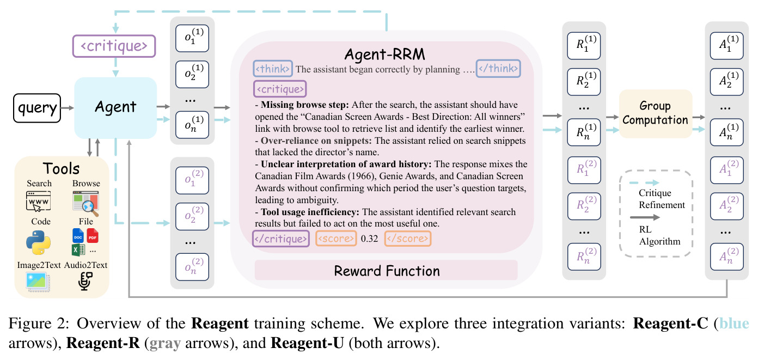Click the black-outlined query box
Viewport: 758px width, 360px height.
pyautogui.click(x=37, y=108)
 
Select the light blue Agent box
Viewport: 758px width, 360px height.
pyautogui.click(x=115, y=108)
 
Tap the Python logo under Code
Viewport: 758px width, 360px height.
pyautogui.click(x=38, y=242)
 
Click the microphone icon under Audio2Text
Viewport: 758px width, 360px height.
pyautogui.click(x=85, y=281)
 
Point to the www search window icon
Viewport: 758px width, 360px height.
pyautogui.click(x=38, y=201)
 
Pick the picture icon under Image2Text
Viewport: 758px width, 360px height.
pyautogui.click(x=38, y=282)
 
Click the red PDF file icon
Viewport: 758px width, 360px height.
pyautogui.click(x=93, y=236)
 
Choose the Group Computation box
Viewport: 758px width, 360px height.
pyautogui.click(x=656, y=113)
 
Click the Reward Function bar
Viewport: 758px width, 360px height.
pyautogui.click(x=386, y=270)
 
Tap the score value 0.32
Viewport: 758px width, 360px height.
pyautogui.click(x=369, y=239)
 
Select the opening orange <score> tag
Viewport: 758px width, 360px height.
pyautogui.click(x=336, y=239)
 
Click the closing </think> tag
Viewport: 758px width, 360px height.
pyautogui.click(x=498, y=69)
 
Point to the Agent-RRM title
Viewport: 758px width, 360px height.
pyautogui.click(x=385, y=54)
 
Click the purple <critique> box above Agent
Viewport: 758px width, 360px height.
pyautogui.click(x=114, y=46)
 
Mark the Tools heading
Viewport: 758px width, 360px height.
pyautogui.click(x=61, y=168)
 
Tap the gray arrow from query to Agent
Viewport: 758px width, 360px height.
pyautogui.click(x=68, y=108)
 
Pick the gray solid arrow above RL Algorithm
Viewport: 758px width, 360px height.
pyautogui.click(x=645, y=217)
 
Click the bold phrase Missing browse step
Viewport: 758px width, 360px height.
pyautogui.click(x=304, y=105)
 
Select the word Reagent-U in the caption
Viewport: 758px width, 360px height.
pyautogui.click(x=307, y=343)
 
